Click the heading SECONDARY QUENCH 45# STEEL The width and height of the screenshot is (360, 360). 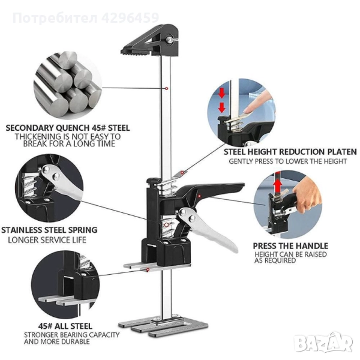tap(68, 128)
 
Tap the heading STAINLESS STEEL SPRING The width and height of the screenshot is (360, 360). tap(49, 230)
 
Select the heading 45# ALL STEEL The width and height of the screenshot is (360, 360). tap(65, 326)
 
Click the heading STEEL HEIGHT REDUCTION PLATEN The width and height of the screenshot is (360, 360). tap(290, 152)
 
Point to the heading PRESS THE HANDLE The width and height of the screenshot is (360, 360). tap(290, 246)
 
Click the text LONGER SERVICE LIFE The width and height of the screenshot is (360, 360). tap(47, 240)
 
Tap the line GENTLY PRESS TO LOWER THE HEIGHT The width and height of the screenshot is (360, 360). tap(287, 161)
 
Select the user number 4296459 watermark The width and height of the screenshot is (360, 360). tap(130, 17)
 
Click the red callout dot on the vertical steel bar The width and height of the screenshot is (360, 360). tap(167, 88)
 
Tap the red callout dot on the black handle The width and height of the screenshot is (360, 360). tap(200, 196)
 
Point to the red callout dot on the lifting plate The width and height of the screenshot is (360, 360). tap(148, 270)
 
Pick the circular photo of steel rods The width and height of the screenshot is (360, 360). tap(67, 85)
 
